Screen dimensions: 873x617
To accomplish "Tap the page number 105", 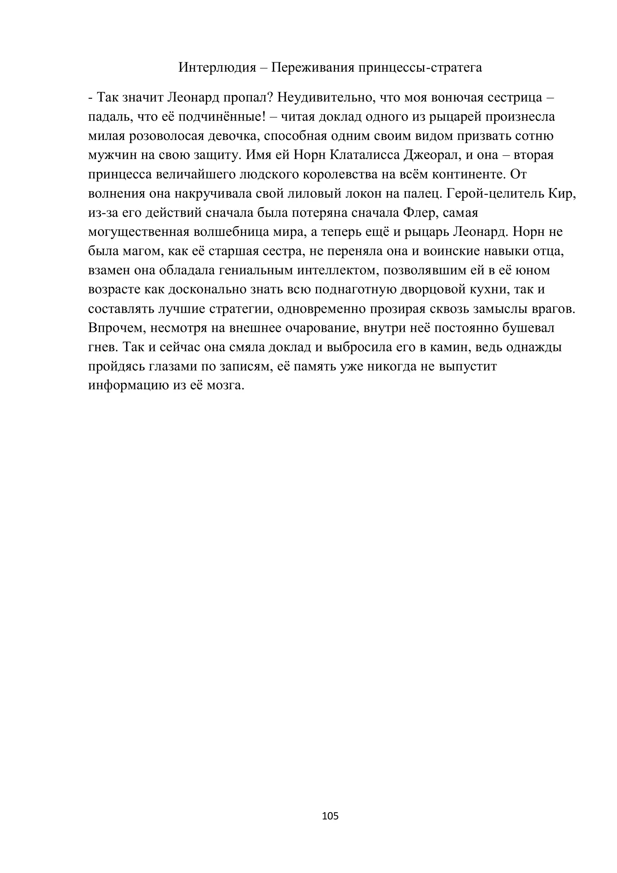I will (x=330, y=816).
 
